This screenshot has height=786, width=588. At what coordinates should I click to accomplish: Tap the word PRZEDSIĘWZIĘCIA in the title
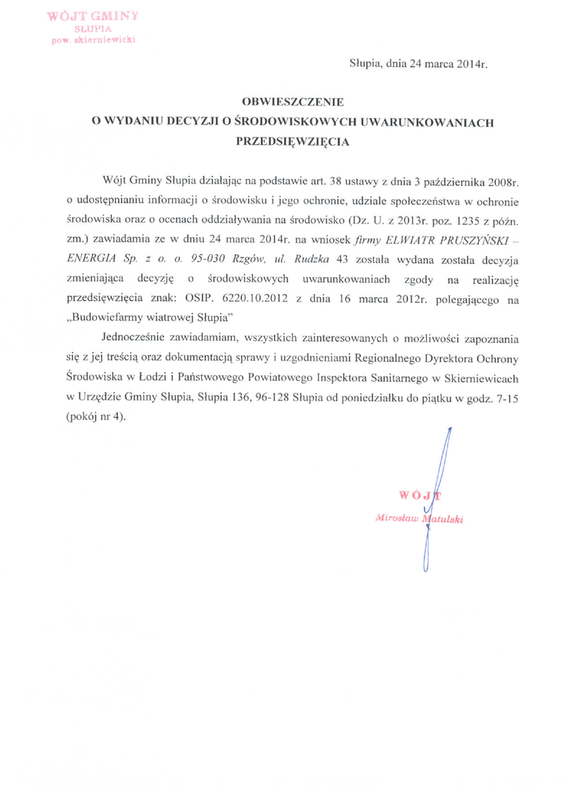pyautogui.click(x=293, y=141)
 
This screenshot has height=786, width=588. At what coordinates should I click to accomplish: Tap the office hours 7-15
pyautogui.click(x=506, y=398)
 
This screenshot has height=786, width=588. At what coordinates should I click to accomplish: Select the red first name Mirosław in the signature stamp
pyautogui.click(x=396, y=517)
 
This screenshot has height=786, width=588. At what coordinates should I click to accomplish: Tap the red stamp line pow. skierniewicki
pyautogui.click(x=93, y=40)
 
